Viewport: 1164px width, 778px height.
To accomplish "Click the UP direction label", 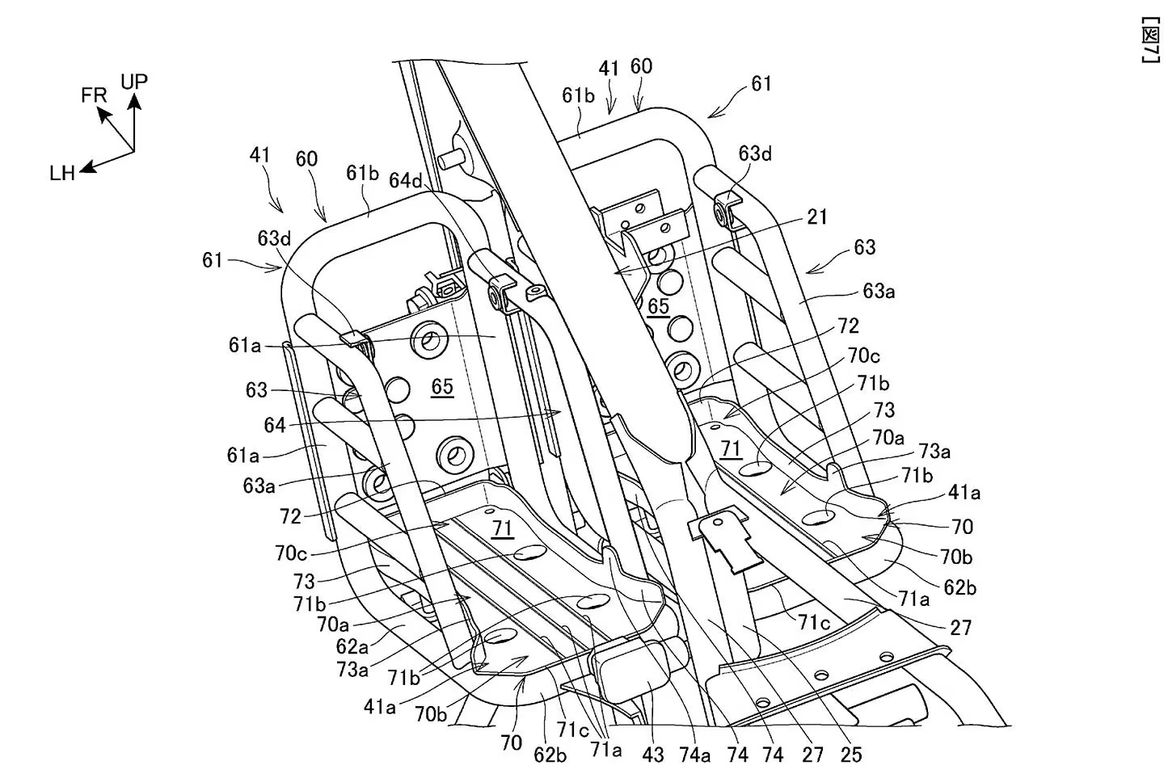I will coord(134,82).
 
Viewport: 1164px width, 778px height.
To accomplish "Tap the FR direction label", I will coord(94,95).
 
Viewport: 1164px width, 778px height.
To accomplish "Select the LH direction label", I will coord(61,173).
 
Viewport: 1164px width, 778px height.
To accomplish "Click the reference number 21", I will coord(818,217).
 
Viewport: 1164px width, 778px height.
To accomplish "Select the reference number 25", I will coord(851,755).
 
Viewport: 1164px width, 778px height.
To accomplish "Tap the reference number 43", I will coord(652,755).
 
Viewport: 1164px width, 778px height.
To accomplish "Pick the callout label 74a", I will coord(694,755).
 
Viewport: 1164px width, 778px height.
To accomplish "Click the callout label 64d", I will coord(405,181).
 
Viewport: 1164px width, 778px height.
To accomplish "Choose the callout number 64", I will coord(275,425).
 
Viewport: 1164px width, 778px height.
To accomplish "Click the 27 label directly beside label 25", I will coord(812,755).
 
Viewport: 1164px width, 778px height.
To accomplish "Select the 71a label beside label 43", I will coord(606,750).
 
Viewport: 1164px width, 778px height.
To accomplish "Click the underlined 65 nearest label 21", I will coord(659,306).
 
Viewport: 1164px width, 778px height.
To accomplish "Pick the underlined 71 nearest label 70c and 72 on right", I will coord(731,448).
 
